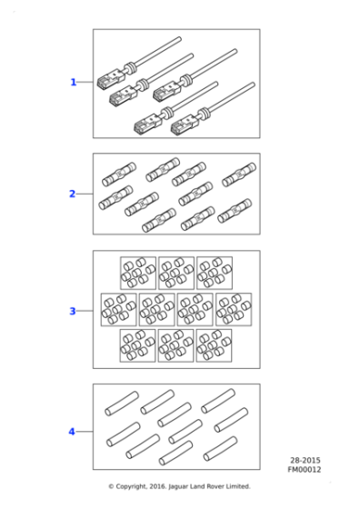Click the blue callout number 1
pos(74,83)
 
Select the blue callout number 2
pos(73,194)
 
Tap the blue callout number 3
pos(73,311)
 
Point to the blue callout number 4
pos(72,432)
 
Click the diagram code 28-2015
pos(305,460)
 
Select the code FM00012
pos(305,469)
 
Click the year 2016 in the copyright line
pos(158,486)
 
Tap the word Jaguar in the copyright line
pos(178,486)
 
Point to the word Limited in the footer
pos(239,486)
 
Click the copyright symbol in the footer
pos(111,486)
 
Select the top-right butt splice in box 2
pos(239,175)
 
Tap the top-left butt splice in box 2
pos(119,175)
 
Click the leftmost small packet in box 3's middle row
pos(118,310)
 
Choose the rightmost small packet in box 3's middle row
pos(234,309)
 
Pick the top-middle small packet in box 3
pos(176,273)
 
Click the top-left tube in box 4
pos(122,404)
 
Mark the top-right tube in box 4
pos(218,401)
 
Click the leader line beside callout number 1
pos(85,82)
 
